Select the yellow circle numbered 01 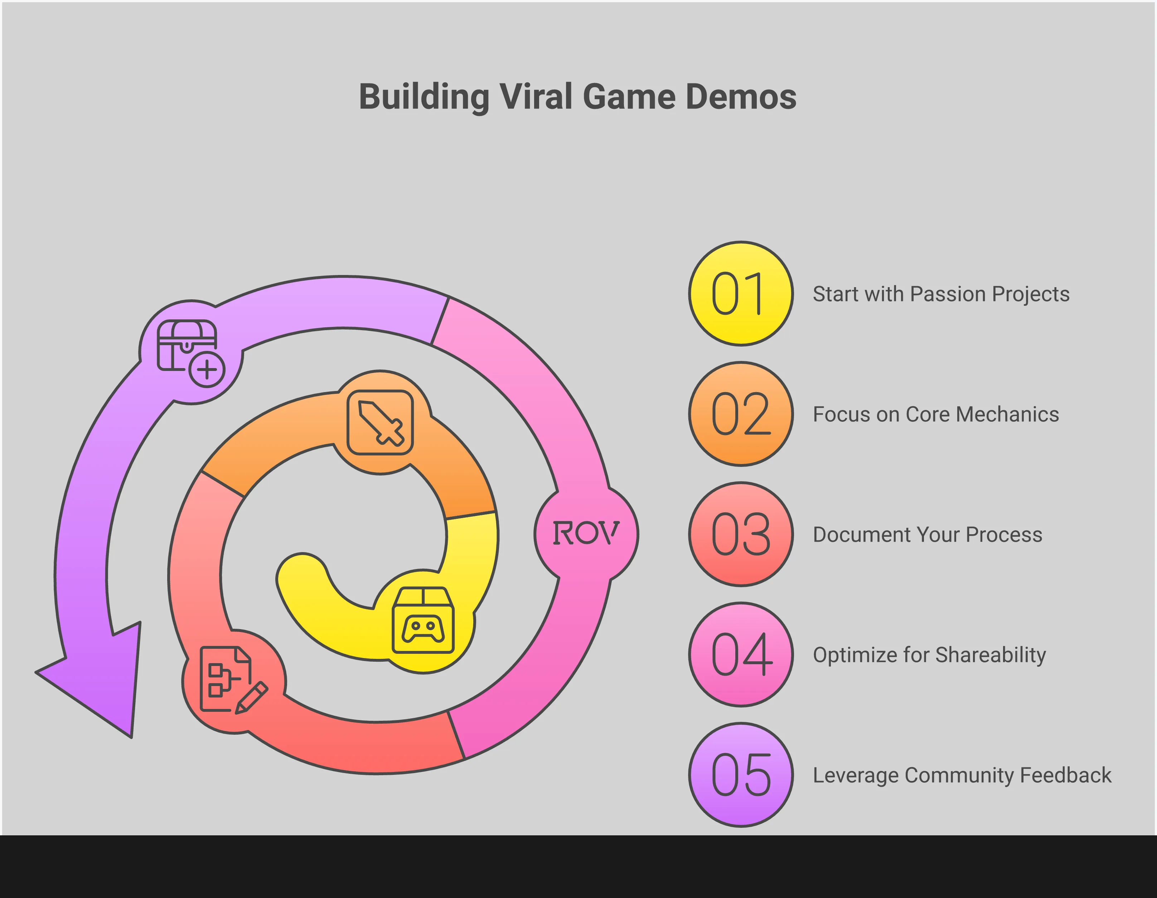tap(741, 294)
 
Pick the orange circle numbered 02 tap(741, 414)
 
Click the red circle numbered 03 tap(741, 534)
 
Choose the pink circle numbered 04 tap(741, 654)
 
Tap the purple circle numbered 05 tap(741, 774)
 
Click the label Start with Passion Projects tap(941, 294)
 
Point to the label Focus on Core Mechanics tap(935, 414)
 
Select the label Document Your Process tap(927, 535)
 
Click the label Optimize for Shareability tap(929, 655)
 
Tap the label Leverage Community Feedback tap(962, 775)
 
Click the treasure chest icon tap(187, 346)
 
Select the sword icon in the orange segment tap(381, 422)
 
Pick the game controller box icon tap(423, 620)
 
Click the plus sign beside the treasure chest tap(207, 369)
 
